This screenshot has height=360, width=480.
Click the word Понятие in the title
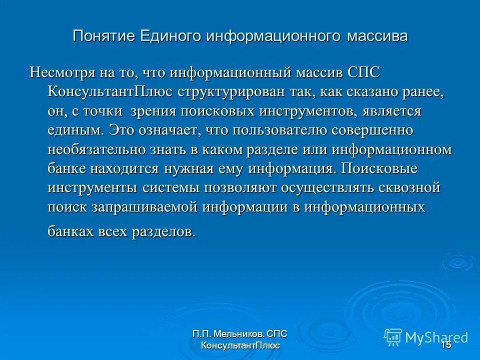tap(104, 36)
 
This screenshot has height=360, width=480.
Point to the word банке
tap(67, 169)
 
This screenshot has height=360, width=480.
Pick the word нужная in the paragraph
tap(187, 169)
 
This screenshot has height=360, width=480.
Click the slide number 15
tap(446, 345)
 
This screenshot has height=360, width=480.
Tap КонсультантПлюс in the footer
tap(240, 346)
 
